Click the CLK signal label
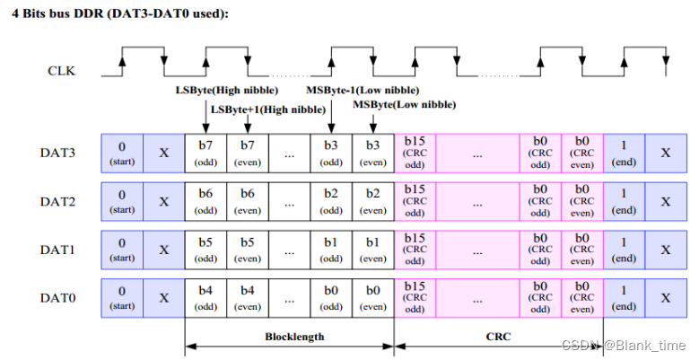tap(62, 69)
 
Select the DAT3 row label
tap(57, 153)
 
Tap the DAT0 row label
tap(57, 296)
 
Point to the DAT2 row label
tap(57, 201)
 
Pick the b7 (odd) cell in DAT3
tap(205, 153)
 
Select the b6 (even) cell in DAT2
tap(248, 201)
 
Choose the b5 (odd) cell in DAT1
tap(205, 249)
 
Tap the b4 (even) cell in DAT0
tap(248, 296)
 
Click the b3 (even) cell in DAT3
tap(372, 153)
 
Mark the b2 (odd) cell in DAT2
tap(331, 201)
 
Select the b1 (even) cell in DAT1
tap(372, 249)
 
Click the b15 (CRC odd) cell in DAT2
tap(415, 201)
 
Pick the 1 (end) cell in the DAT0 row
tap(623, 296)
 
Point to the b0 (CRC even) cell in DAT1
tap(581, 249)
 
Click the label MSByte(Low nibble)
tap(404, 105)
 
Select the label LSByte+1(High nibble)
tap(267, 110)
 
